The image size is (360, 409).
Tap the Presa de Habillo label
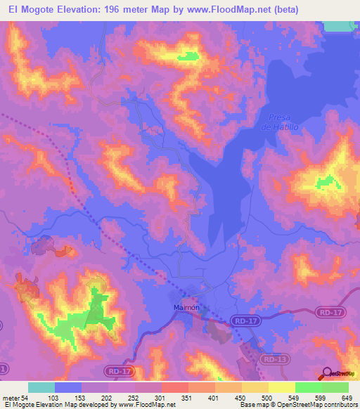tap(275, 122)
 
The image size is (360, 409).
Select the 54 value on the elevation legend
tap(25, 398)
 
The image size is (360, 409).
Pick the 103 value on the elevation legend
tap(53, 398)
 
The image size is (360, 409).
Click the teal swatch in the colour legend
tap(41, 387)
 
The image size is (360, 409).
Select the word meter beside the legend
tap(11, 398)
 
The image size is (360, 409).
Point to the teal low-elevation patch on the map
tap(341, 25)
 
